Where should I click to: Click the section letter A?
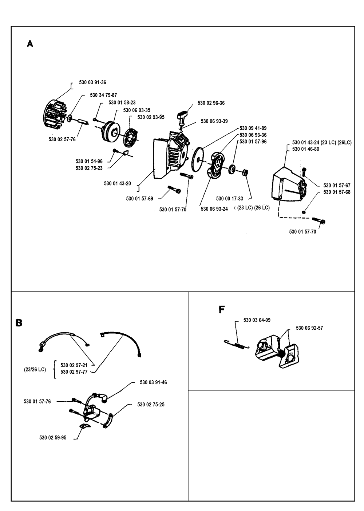pyautogui.click(x=30, y=44)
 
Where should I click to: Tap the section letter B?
pyautogui.click(x=19, y=323)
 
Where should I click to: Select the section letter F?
pyautogui.click(x=222, y=309)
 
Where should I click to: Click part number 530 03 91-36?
pyautogui.click(x=92, y=82)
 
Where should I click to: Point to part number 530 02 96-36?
pyautogui.click(x=211, y=103)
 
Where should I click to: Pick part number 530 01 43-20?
pyautogui.click(x=117, y=183)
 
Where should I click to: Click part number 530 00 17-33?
pyautogui.click(x=229, y=199)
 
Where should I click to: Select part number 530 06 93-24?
pyautogui.click(x=214, y=209)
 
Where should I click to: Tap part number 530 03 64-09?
pyautogui.click(x=257, y=320)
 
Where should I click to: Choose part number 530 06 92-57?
pyautogui.click(x=309, y=328)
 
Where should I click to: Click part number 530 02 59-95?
pyautogui.click(x=53, y=438)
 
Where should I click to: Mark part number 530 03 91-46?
pyautogui.click(x=153, y=382)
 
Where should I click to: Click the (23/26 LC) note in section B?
pyautogui.click(x=35, y=370)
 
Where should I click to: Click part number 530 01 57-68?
pyautogui.click(x=337, y=192)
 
